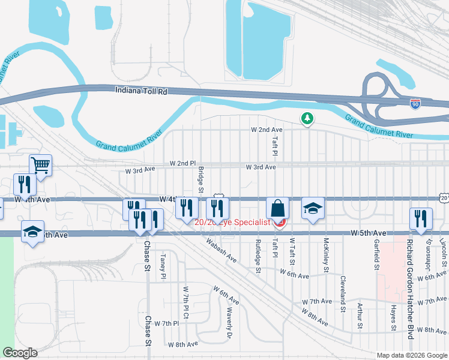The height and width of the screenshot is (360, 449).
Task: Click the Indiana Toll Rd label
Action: point(141,89)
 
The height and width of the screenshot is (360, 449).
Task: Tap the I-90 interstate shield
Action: point(415,104)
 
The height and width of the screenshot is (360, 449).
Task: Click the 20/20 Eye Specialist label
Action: point(234,222)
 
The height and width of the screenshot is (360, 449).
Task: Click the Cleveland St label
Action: point(343,294)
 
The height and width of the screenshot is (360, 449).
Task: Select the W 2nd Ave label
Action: point(266,130)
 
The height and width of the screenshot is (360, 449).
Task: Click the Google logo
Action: point(20,353)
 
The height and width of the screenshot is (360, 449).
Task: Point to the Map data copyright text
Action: point(412,355)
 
